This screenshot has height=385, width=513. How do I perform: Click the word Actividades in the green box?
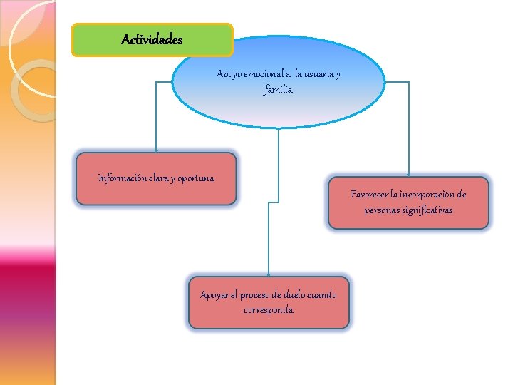152,40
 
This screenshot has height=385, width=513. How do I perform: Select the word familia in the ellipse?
278,90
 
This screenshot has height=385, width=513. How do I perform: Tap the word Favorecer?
373,194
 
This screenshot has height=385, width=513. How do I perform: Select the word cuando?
325,295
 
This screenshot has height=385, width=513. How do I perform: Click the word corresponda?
268,311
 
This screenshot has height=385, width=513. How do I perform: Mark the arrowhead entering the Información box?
157,150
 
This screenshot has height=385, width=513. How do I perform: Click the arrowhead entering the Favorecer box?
408,175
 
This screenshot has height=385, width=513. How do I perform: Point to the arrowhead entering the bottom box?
268,274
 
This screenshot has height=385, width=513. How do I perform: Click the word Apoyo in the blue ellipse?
229,74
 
